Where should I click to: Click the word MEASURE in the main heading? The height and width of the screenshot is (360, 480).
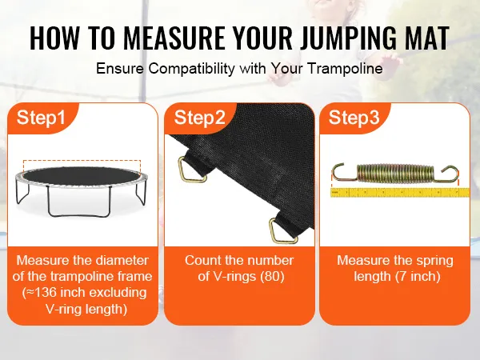[174, 38]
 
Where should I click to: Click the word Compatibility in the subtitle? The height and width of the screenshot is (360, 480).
[192, 69]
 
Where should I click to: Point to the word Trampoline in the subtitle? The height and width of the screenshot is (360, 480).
[345, 68]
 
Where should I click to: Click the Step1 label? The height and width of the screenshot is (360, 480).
[41, 118]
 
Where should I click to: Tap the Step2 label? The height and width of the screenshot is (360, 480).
[199, 118]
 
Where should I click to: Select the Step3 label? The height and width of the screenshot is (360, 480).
[354, 118]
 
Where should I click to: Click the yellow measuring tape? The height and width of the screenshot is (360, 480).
[400, 193]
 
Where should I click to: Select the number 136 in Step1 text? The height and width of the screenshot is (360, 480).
[45, 292]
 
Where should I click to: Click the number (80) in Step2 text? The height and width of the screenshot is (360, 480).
[272, 277]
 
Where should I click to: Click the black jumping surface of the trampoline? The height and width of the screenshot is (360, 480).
[81, 176]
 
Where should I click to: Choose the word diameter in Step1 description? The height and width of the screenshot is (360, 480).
[122, 260]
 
